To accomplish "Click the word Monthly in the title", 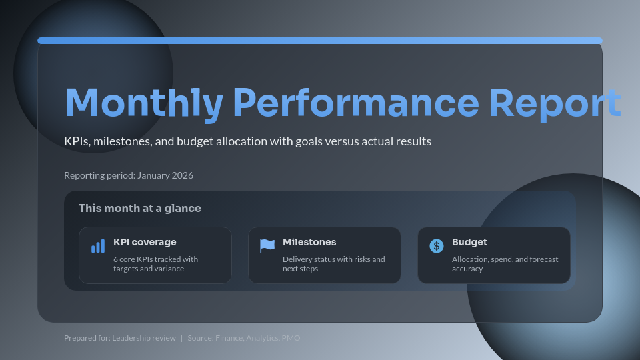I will [x=143, y=103].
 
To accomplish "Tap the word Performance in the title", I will [x=355, y=103].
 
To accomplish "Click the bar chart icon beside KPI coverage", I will [x=98, y=247].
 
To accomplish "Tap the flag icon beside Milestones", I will [x=267, y=246].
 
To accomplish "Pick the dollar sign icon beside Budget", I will [x=437, y=246].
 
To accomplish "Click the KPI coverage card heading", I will [x=145, y=242].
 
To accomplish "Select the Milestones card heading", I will [x=309, y=242].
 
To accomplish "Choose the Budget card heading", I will [x=469, y=242].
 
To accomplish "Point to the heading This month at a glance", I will [x=139, y=208].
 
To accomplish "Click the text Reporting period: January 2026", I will [x=129, y=175].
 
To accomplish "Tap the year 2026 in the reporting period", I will [x=182, y=175].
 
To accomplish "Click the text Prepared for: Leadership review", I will [x=120, y=338].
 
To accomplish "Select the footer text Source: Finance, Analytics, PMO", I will [x=244, y=338].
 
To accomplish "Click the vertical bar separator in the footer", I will [x=182, y=338].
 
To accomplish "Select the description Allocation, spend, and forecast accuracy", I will [x=505, y=264].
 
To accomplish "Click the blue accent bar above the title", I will [x=320, y=41].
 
